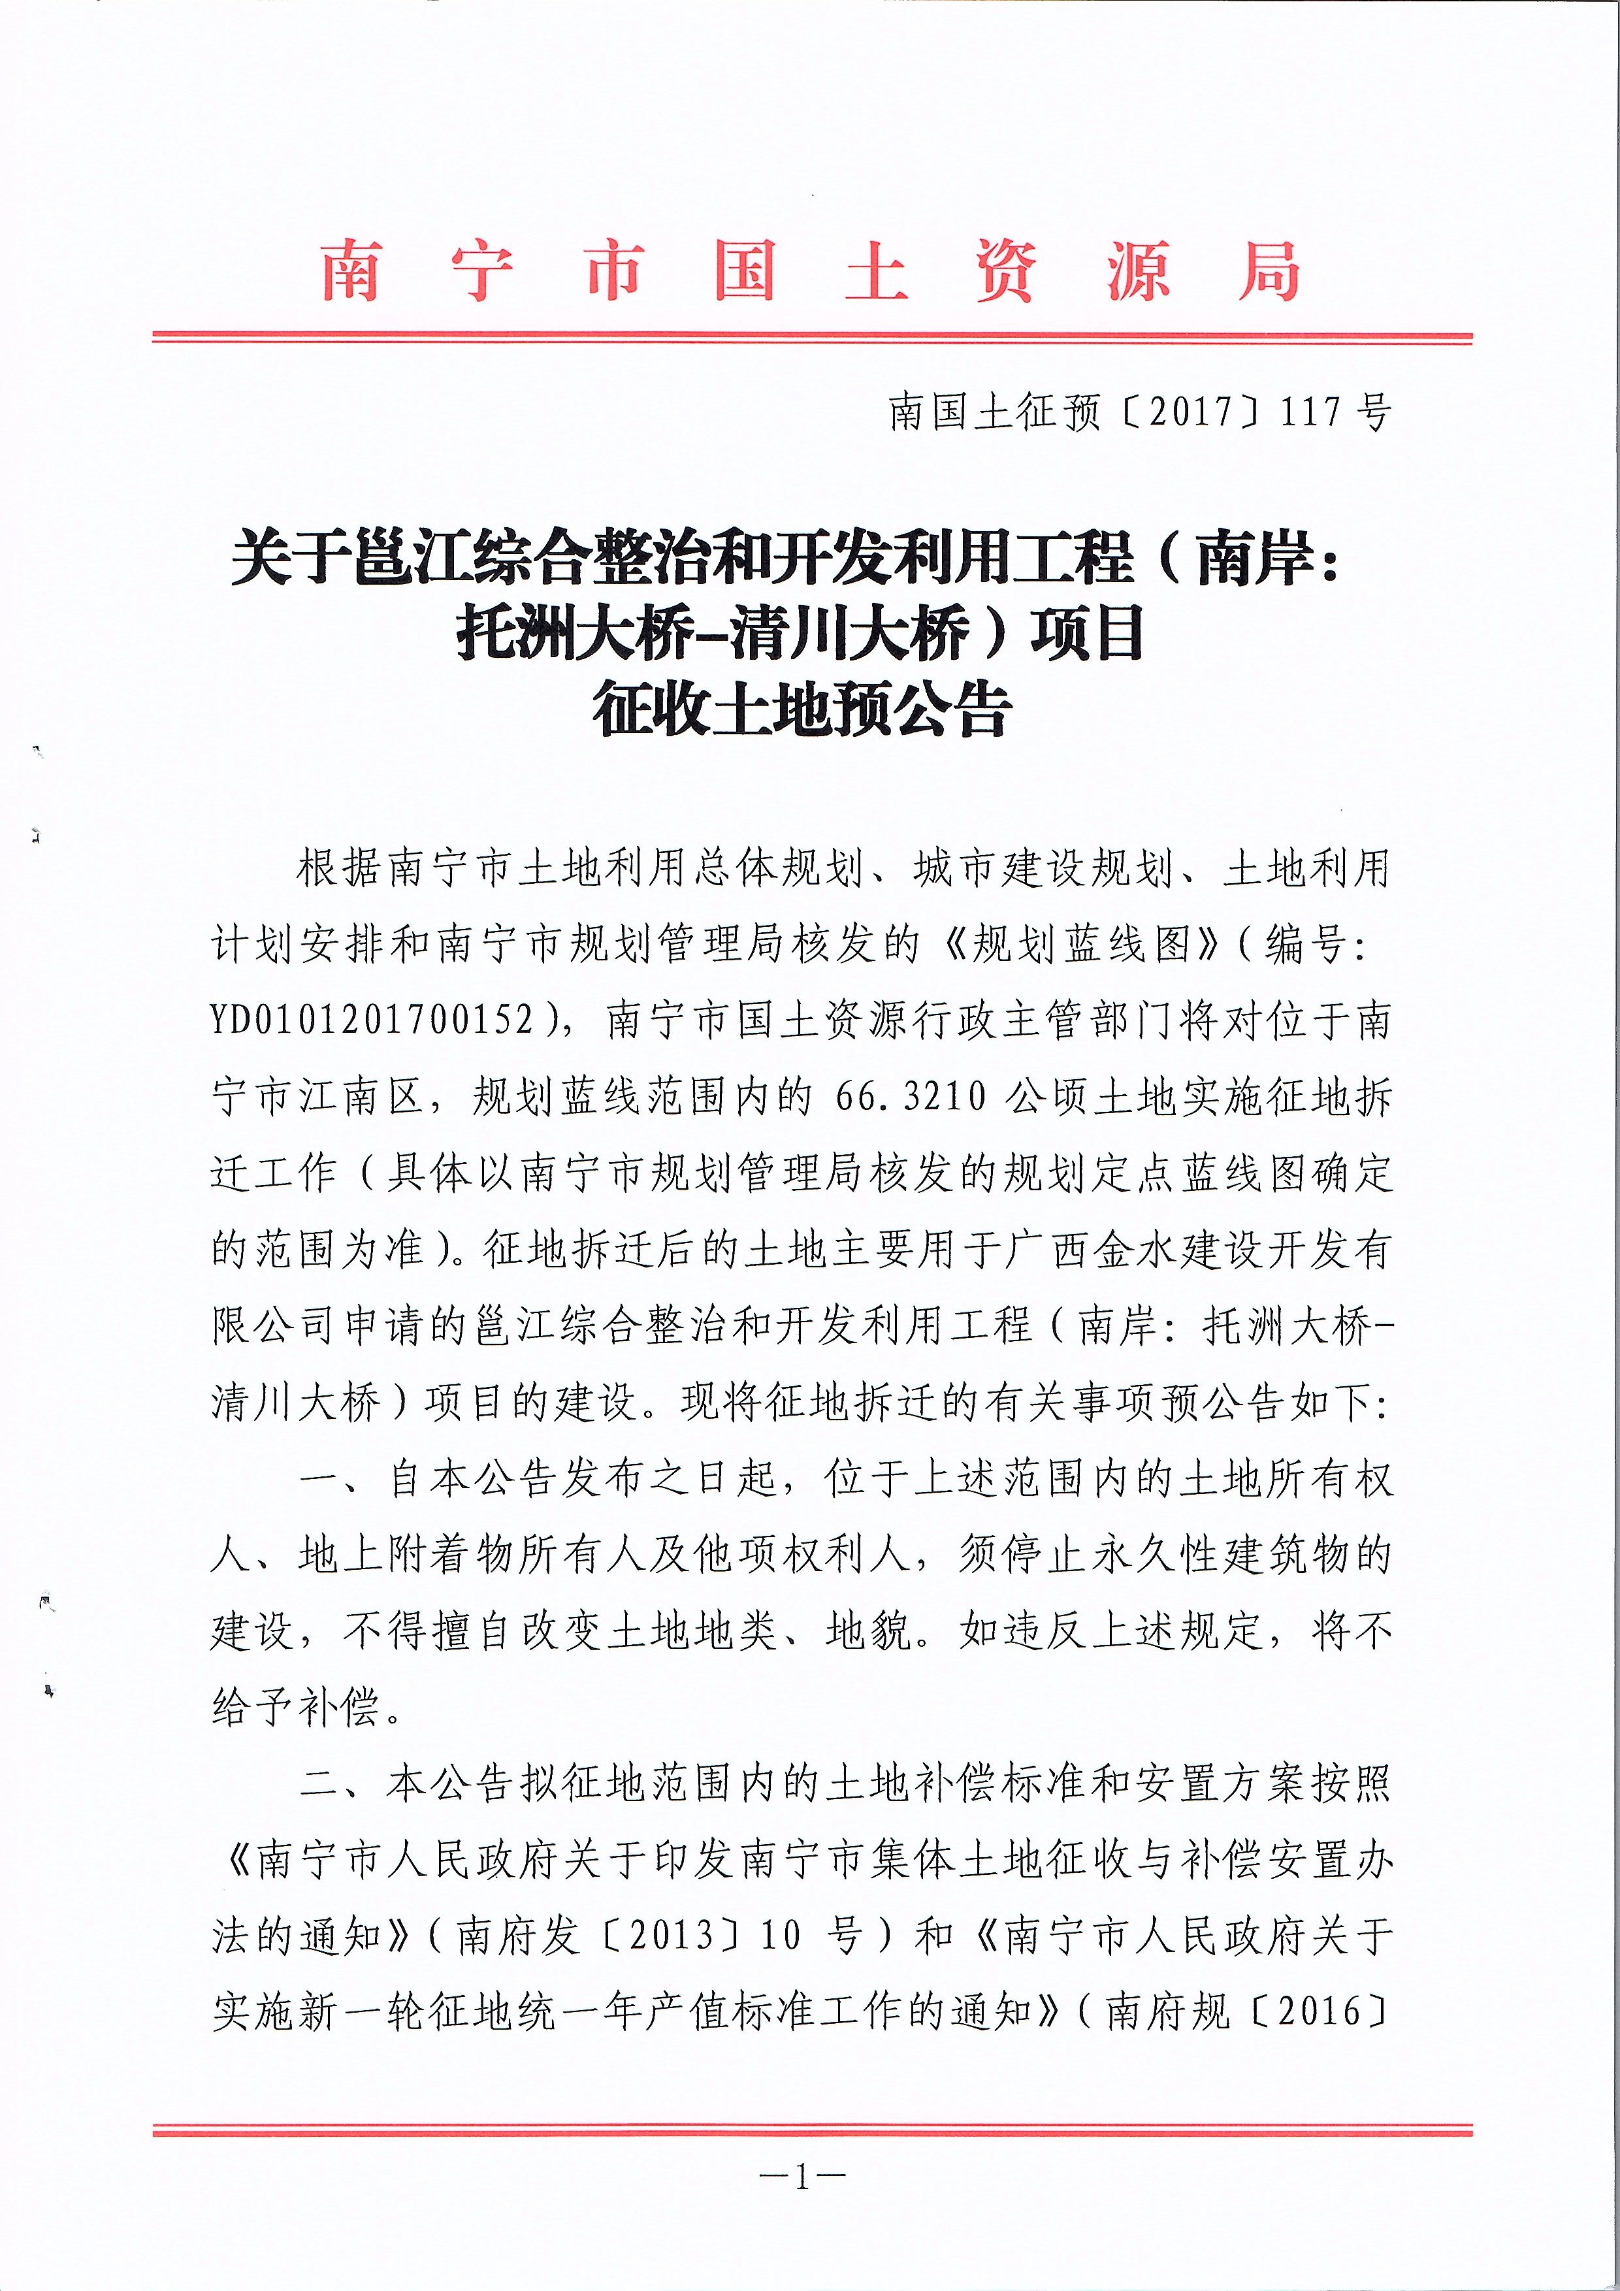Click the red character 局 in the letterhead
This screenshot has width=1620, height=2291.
click(x=1269, y=271)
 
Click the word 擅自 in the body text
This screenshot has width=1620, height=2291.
click(x=475, y=1631)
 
